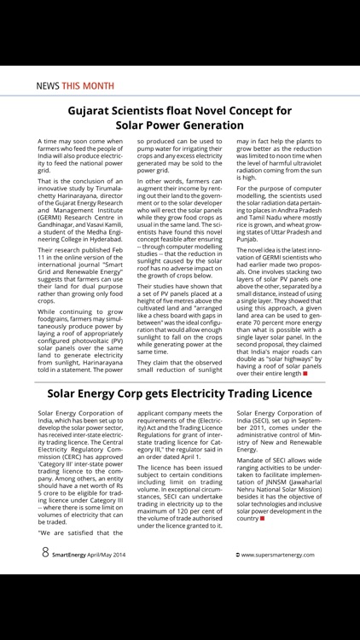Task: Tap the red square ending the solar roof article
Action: [305, 374]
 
